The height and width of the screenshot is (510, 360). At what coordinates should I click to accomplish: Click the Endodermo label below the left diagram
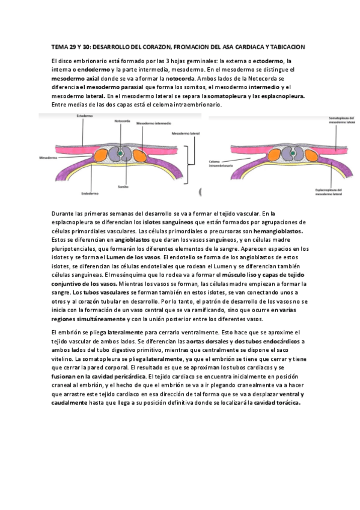pyautogui.click(x=89, y=194)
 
